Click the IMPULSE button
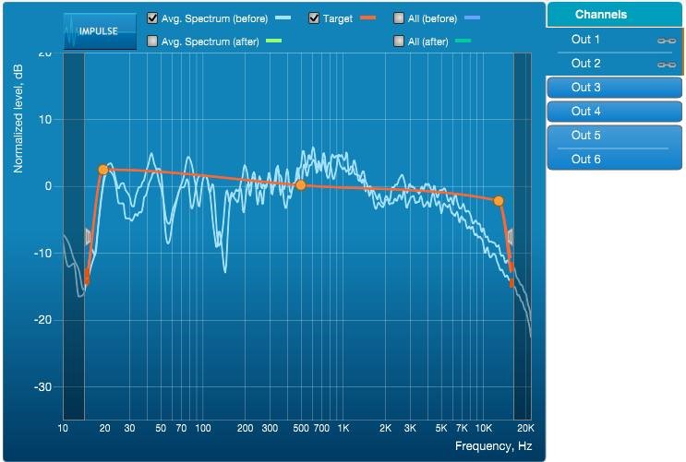100,30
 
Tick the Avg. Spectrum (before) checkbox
152,18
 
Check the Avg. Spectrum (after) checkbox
152,41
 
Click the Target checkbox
314,18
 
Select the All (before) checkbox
399,18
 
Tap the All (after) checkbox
399,41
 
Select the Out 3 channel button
613,88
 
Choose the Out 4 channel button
613,112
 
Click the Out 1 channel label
586,40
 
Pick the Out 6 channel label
586,160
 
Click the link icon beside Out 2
666,65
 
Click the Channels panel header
613,14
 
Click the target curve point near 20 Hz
103,170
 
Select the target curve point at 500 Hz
300,185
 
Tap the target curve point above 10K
499,200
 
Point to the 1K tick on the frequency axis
343,429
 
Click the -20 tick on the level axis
42,320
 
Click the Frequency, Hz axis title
494,446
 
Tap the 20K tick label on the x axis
524,429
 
